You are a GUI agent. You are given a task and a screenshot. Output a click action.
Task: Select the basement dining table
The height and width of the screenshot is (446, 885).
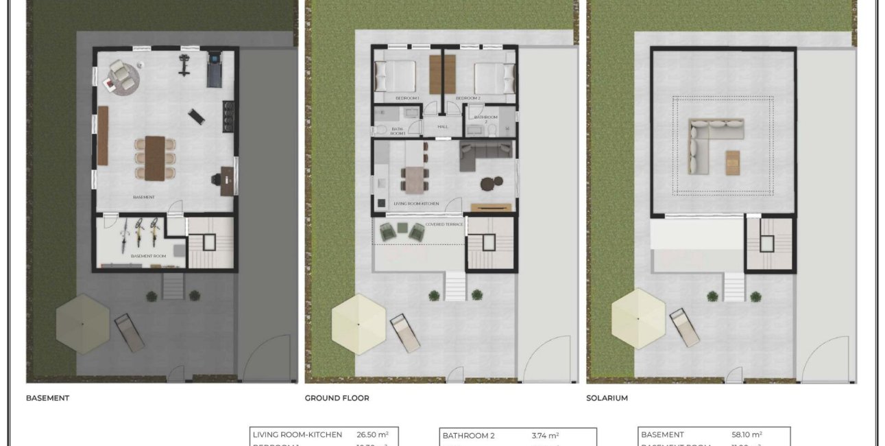[x=155, y=157]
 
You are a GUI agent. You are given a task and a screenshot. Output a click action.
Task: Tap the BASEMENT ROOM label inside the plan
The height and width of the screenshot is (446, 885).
[x=149, y=256]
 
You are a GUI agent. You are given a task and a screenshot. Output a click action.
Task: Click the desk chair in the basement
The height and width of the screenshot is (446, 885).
[x=215, y=180]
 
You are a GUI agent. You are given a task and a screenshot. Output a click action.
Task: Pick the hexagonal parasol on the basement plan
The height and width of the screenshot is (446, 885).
[x=82, y=323]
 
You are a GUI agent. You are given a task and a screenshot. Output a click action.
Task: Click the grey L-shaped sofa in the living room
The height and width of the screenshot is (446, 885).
[x=484, y=154]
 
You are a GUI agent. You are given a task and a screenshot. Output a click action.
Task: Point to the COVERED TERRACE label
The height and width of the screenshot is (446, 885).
[x=444, y=224]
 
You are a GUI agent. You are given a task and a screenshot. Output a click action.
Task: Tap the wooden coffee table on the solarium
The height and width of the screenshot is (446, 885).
[x=734, y=161]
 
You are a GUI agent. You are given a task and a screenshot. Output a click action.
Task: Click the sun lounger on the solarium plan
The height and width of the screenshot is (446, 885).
[x=684, y=327]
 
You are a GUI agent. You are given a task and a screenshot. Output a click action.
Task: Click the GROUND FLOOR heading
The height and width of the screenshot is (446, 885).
[x=337, y=398]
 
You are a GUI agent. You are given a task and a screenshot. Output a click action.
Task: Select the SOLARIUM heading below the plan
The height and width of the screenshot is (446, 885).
[x=607, y=398]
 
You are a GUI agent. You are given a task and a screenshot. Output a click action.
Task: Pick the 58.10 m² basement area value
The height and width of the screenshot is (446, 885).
[x=747, y=434]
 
